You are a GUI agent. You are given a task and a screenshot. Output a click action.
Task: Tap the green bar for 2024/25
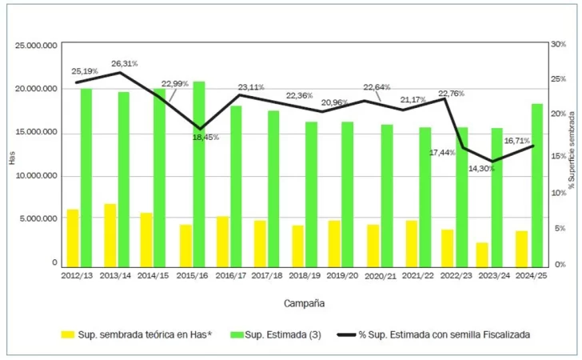tap(537, 185)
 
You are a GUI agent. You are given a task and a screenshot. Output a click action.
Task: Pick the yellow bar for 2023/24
tap(482, 254)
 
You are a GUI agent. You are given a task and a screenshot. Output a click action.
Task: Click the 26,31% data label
tap(125, 63)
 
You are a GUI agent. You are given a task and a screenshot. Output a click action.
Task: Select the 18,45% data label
tap(205, 137)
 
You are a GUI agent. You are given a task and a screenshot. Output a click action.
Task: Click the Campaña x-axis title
tap(304, 303)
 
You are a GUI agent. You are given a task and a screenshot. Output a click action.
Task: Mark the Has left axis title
tap(11, 158)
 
